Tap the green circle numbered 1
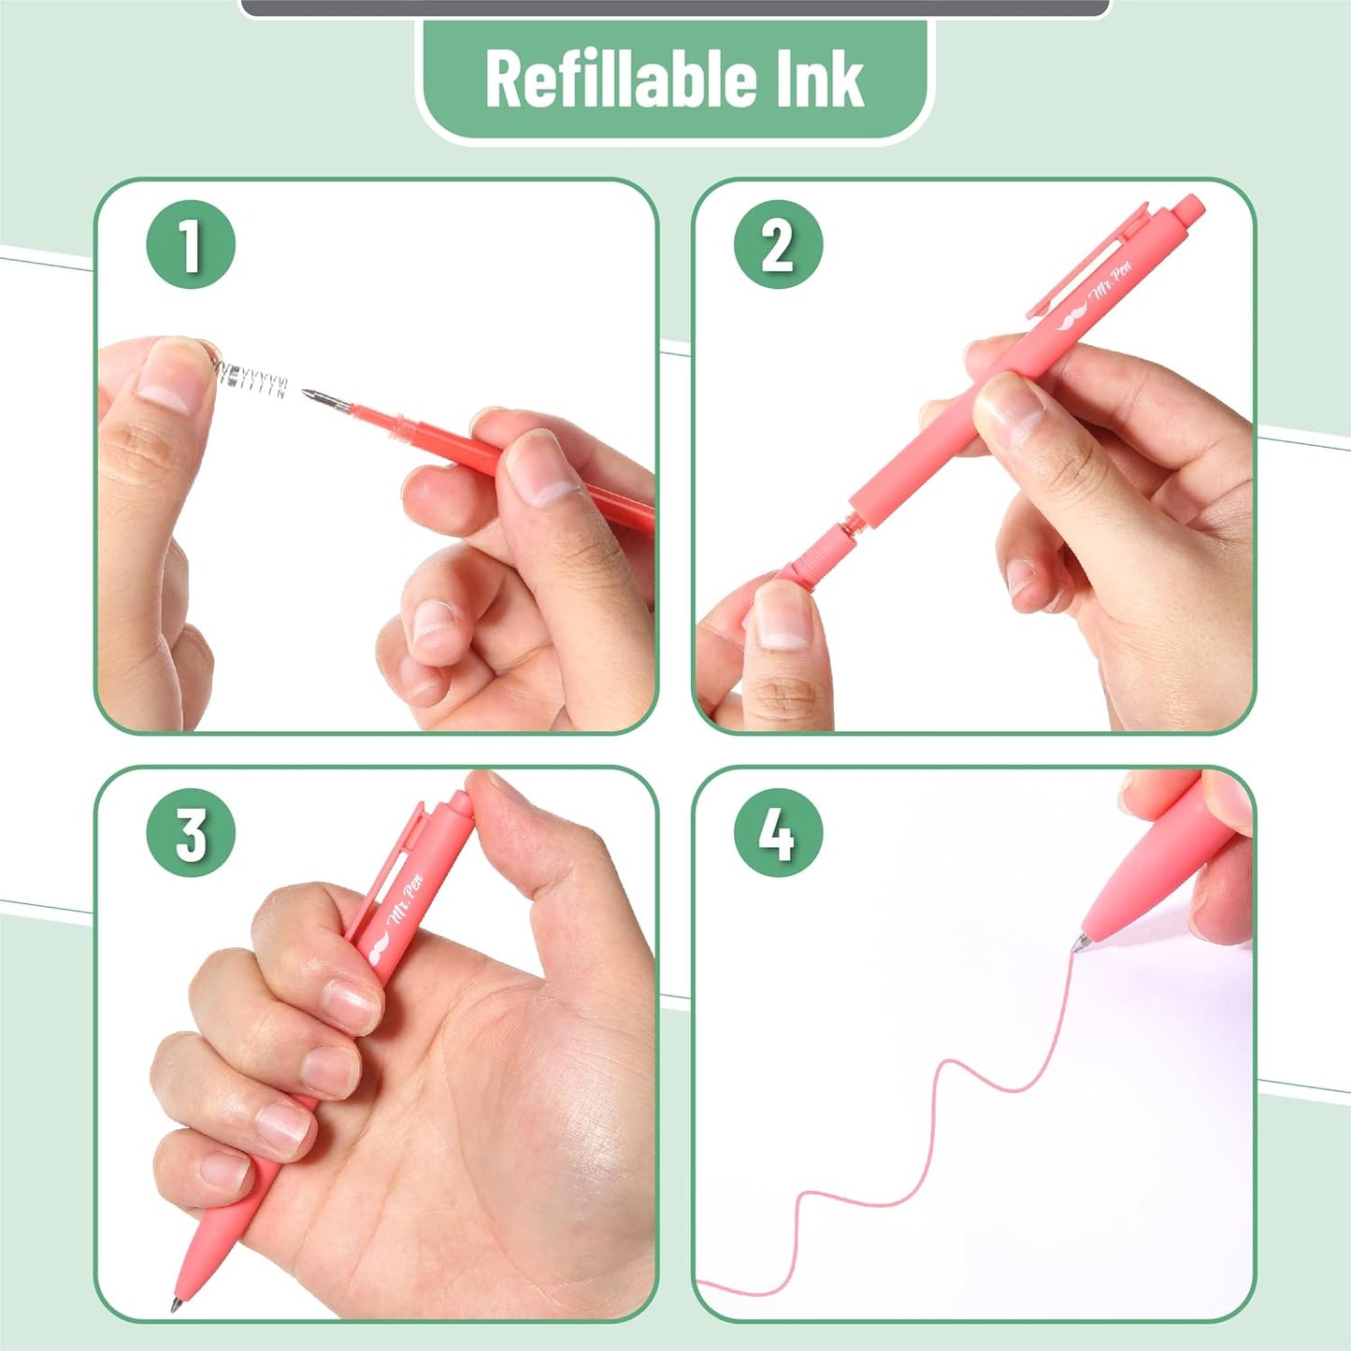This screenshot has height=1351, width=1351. tap(191, 245)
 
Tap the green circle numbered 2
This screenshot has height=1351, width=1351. tap(778, 245)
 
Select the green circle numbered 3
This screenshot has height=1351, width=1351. tap(191, 832)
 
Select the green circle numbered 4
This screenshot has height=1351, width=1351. tap(778, 832)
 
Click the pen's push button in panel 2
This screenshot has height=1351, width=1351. tap(1189, 208)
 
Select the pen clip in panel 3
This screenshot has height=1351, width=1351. tap(393, 865)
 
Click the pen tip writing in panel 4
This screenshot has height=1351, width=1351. tap(1080, 943)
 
